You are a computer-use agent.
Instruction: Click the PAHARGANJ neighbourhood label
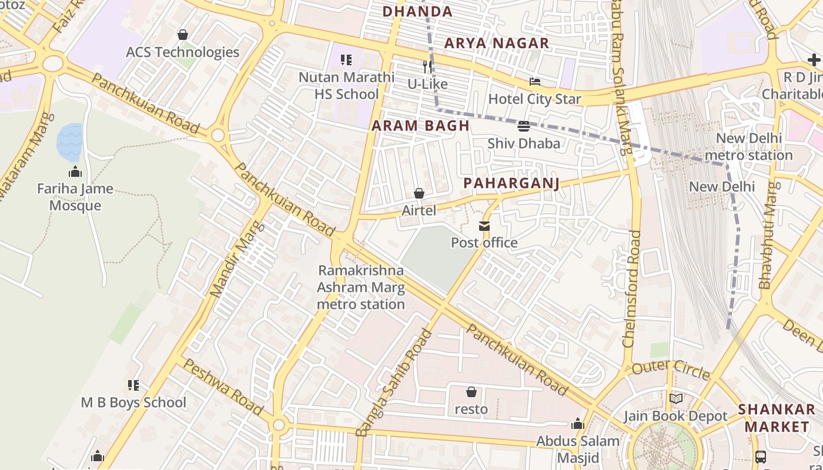click(x=511, y=183)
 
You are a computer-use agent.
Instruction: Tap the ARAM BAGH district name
click(x=420, y=126)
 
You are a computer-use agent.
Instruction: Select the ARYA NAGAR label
click(x=497, y=43)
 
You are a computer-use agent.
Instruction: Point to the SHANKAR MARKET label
click(x=777, y=418)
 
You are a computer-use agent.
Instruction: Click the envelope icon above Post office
click(x=484, y=226)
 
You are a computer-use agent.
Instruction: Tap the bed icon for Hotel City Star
click(x=534, y=82)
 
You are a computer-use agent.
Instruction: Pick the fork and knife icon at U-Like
click(x=427, y=67)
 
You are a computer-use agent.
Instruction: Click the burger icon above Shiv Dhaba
click(x=523, y=126)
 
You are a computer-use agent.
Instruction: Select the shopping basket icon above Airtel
click(x=419, y=193)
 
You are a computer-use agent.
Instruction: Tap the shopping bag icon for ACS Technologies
click(x=183, y=35)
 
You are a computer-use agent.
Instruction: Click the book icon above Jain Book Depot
click(x=675, y=399)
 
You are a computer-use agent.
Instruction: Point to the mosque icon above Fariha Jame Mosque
click(x=75, y=172)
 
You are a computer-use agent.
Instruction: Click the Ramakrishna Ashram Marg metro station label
click(x=361, y=287)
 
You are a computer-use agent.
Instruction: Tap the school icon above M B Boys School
click(x=133, y=385)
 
